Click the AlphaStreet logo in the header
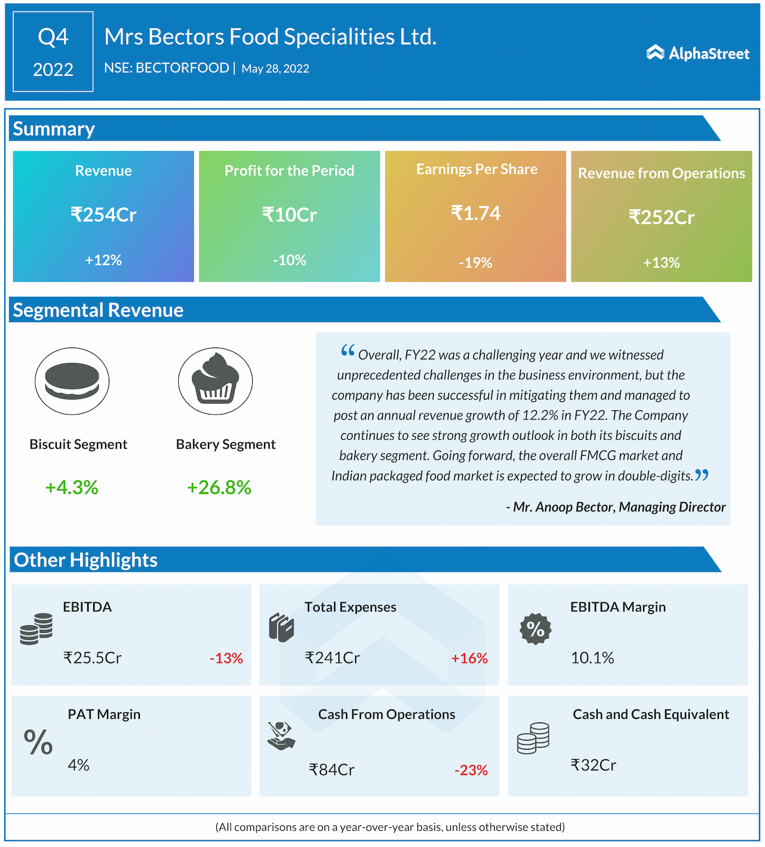697,53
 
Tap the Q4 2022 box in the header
53,52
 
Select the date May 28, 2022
275,69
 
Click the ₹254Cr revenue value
103,215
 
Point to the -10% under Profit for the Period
289,260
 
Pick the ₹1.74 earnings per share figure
476,214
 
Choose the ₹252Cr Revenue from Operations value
661,217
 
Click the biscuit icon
72,381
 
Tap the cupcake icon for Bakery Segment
215,381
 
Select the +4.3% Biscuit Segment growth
72,488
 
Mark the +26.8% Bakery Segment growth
219,488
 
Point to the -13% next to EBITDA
226,659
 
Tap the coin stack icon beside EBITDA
36,629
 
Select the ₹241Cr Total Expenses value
332,658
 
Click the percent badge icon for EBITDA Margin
535,629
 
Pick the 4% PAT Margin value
78,765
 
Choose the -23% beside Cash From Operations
471,770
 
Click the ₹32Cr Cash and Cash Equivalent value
593,765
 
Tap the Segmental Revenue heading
98,310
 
